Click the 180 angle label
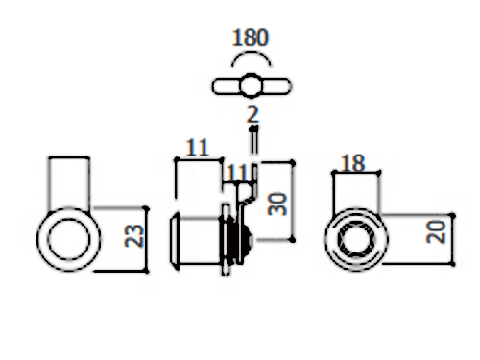click(251, 37)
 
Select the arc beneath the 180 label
click(252, 55)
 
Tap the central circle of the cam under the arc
click(251, 85)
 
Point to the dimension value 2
click(252, 114)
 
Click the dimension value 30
click(277, 204)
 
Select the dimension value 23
click(134, 236)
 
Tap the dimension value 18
click(352, 163)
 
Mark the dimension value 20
click(436, 232)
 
